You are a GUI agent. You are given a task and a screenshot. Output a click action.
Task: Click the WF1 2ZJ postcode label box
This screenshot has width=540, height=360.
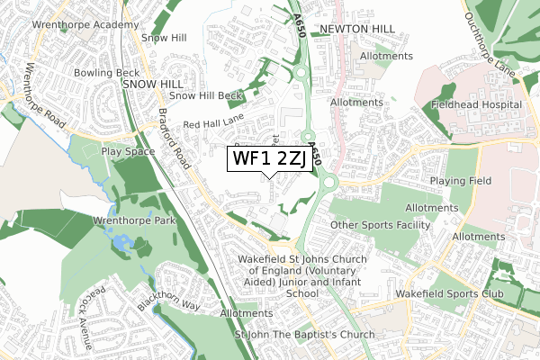click(x=270, y=159)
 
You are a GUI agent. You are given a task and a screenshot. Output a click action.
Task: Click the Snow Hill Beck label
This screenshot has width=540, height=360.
click(x=207, y=95)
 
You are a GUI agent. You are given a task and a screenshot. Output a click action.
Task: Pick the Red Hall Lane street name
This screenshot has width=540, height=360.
click(x=213, y=124)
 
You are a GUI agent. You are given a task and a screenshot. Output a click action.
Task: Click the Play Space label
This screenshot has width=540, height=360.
click(x=123, y=152)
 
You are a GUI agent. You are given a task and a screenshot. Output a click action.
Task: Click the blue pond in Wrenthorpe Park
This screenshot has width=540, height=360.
click(x=121, y=243)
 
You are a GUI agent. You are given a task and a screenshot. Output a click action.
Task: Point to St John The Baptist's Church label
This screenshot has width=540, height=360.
click(x=304, y=336)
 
